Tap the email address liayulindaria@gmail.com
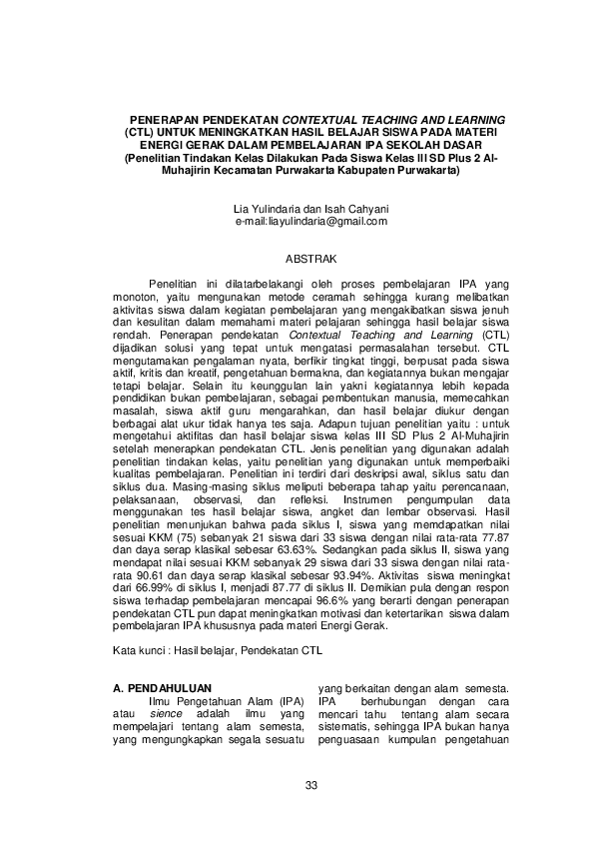coord(311,221)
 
